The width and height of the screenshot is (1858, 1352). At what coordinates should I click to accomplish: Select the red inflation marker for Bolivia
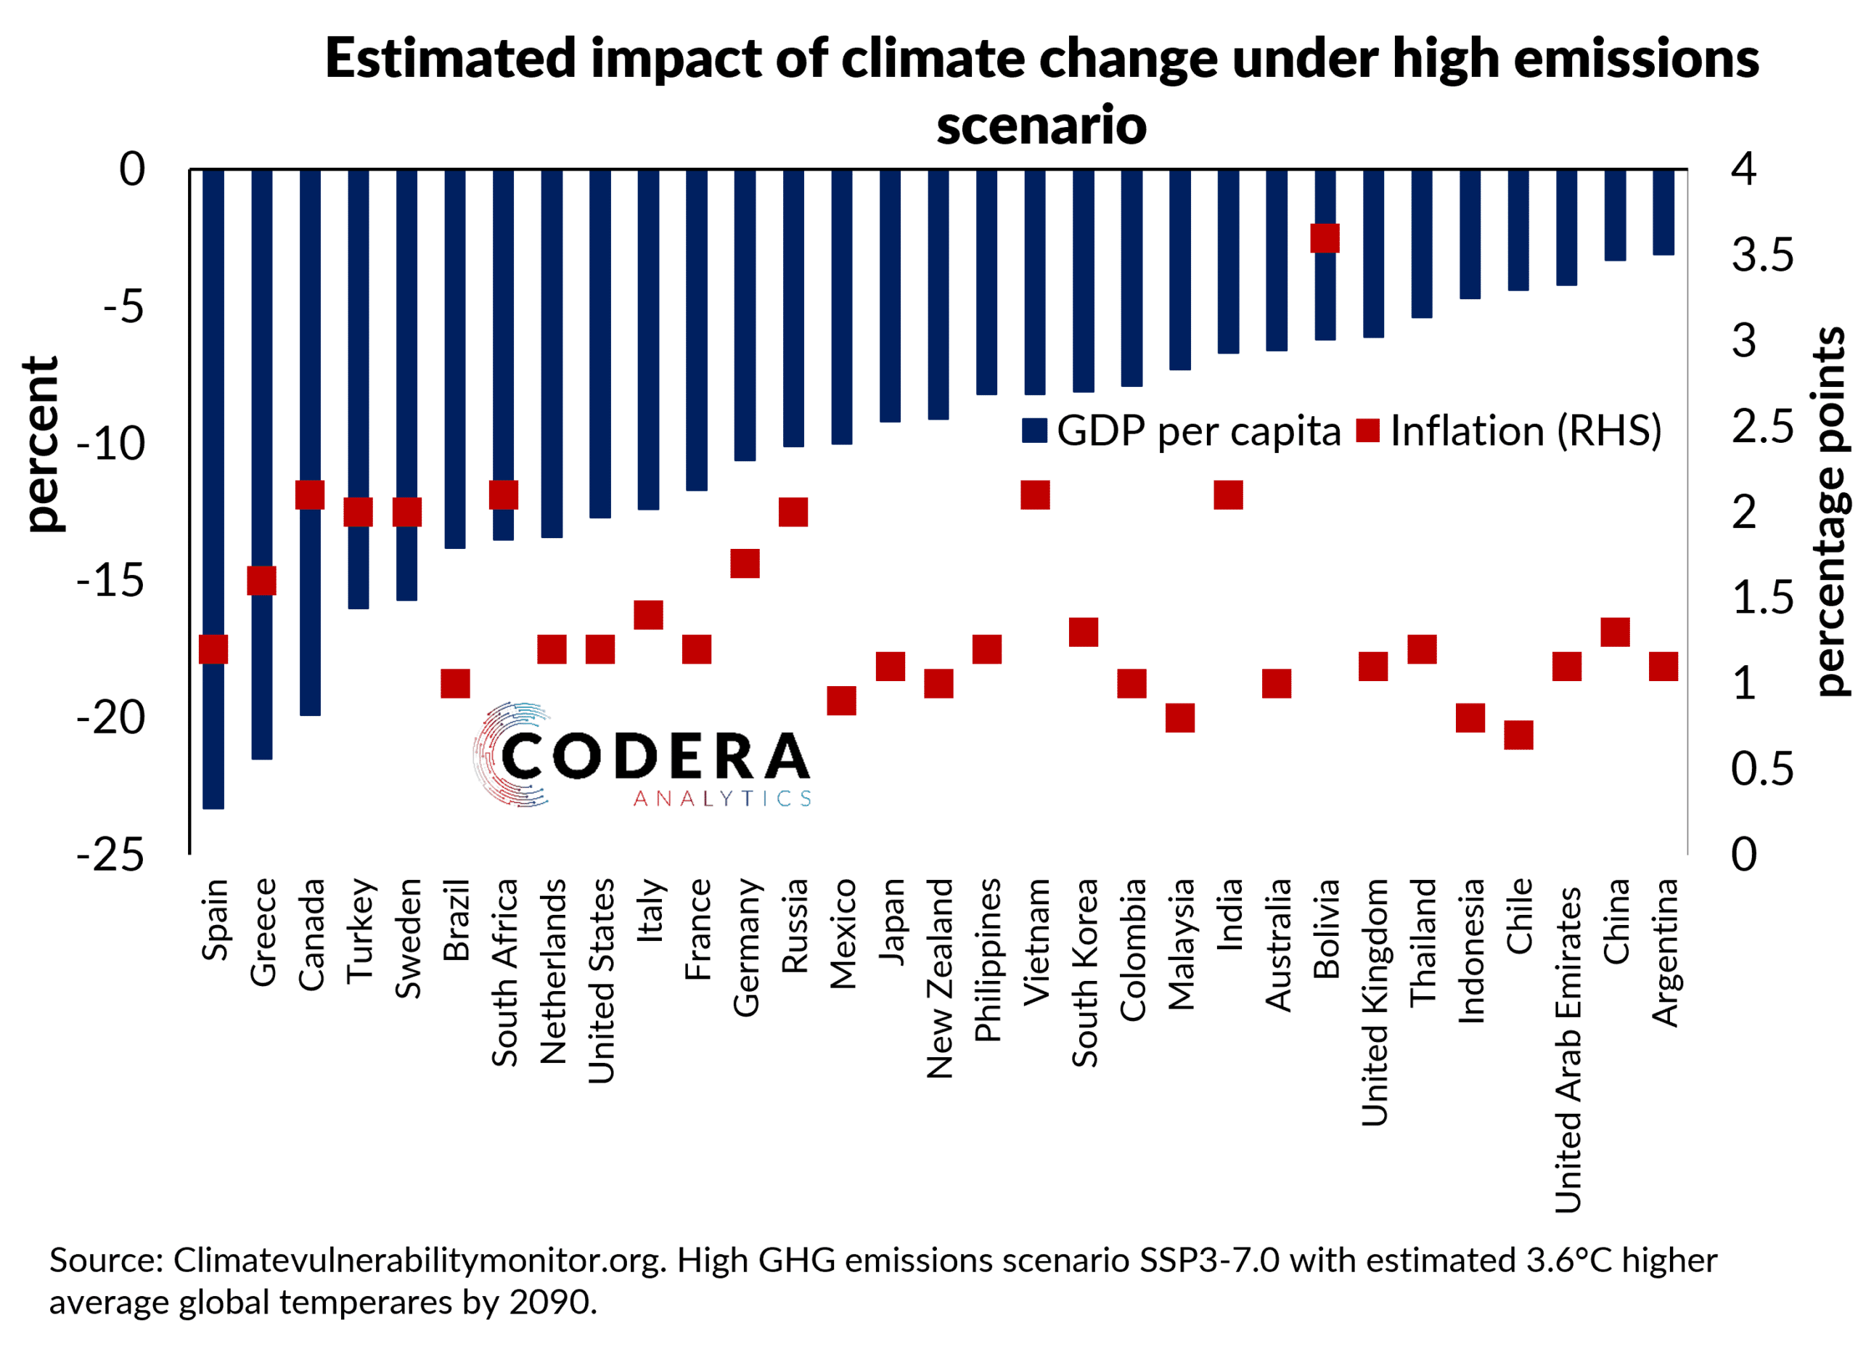click(x=1325, y=238)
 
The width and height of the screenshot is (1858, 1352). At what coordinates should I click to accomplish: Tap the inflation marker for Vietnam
click(x=1035, y=495)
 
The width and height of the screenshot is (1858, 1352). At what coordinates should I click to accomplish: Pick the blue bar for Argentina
click(x=1663, y=212)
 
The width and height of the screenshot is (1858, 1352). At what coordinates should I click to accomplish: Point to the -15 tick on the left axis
click(x=110, y=581)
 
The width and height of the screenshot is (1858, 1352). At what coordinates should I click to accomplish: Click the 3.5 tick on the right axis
click(x=1762, y=256)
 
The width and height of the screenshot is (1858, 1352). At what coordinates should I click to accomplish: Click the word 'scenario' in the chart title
click(x=1041, y=126)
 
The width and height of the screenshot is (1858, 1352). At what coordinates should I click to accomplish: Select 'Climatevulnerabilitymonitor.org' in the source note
click(x=418, y=1261)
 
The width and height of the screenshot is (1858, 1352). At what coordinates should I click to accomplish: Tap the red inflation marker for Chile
click(x=1518, y=735)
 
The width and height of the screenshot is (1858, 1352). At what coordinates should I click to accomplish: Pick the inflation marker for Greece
click(x=261, y=580)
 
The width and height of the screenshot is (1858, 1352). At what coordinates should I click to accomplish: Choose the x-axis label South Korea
click(x=1084, y=973)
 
